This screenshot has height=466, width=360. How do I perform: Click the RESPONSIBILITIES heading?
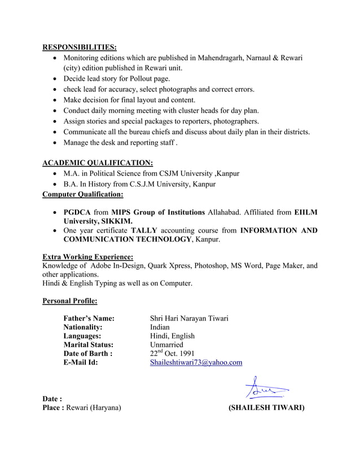tap(80, 47)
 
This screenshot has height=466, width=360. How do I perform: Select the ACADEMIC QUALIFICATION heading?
tap(98, 162)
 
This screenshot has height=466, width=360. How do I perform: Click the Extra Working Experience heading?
tap(88, 256)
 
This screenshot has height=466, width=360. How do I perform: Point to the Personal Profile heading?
tap(70, 301)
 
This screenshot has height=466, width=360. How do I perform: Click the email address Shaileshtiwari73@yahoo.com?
tap(196, 362)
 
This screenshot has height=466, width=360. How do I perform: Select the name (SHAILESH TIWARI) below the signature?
tap(266, 408)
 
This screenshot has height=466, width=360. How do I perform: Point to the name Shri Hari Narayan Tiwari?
tap(189, 319)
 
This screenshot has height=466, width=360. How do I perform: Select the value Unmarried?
tap(166, 344)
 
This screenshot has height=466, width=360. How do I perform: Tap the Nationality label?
tap(83, 327)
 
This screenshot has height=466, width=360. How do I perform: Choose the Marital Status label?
tap(88, 344)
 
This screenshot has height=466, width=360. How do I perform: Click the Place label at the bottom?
tap(53, 408)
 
